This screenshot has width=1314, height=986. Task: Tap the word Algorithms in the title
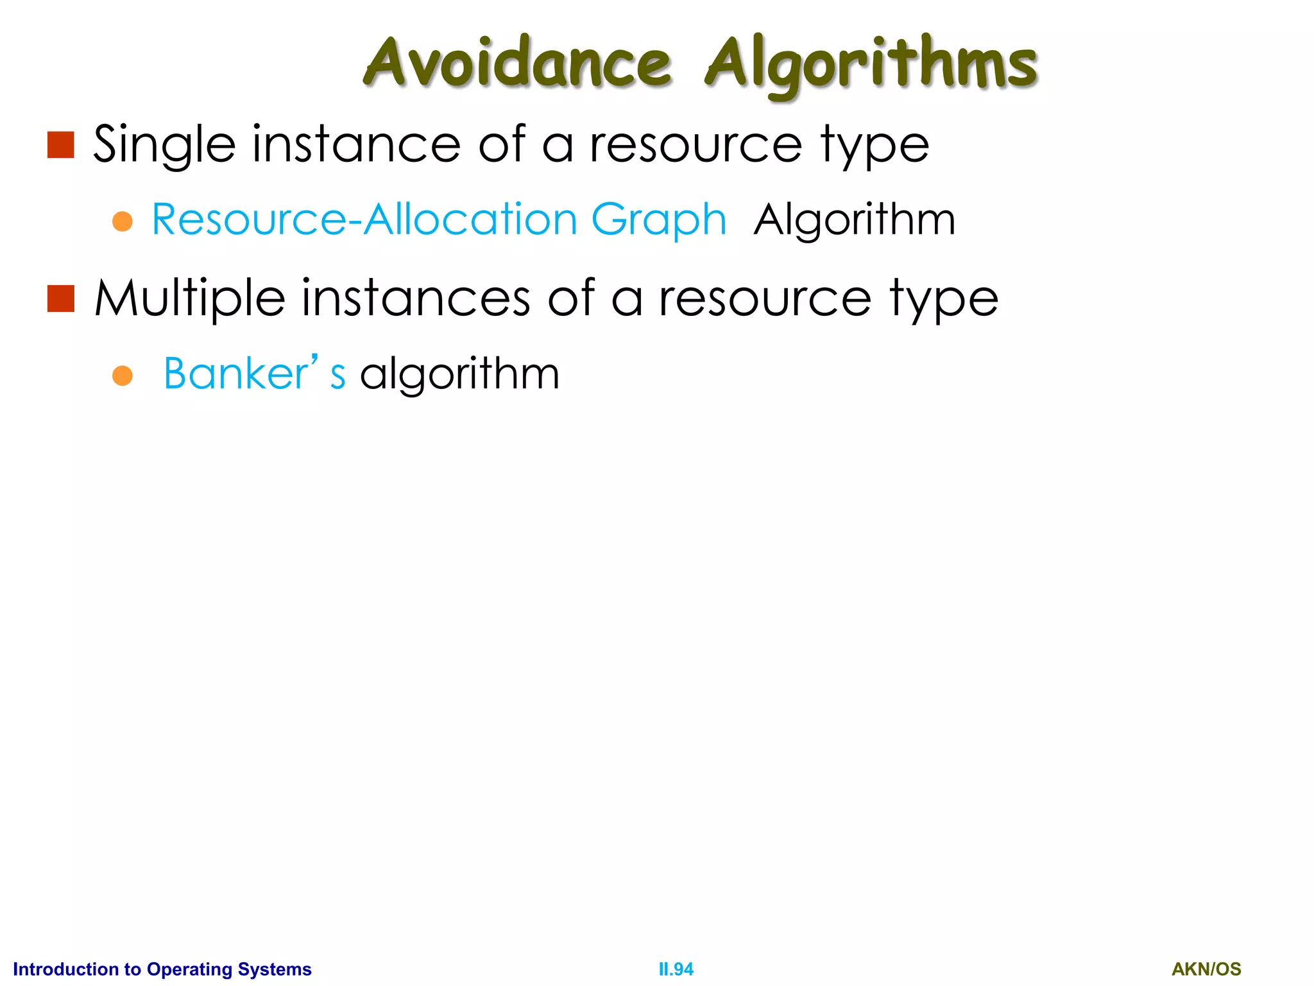tap(871, 64)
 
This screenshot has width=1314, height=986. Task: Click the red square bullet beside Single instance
tap(61, 145)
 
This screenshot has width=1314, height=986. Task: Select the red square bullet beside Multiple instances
tap(61, 299)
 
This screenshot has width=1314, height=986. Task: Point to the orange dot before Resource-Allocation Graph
tap(122, 222)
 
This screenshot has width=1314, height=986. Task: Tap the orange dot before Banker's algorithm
tap(122, 376)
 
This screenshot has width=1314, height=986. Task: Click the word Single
tap(164, 145)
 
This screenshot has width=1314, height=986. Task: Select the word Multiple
tap(190, 299)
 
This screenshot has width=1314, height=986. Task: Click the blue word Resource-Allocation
tap(364, 220)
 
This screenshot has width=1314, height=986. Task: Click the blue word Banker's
tap(254, 374)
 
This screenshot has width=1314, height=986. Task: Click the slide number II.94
tap(676, 969)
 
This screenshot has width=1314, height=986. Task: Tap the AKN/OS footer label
tap(1206, 969)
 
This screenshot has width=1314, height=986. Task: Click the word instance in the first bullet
tap(356, 144)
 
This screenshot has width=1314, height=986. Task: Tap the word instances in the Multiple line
tap(416, 298)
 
